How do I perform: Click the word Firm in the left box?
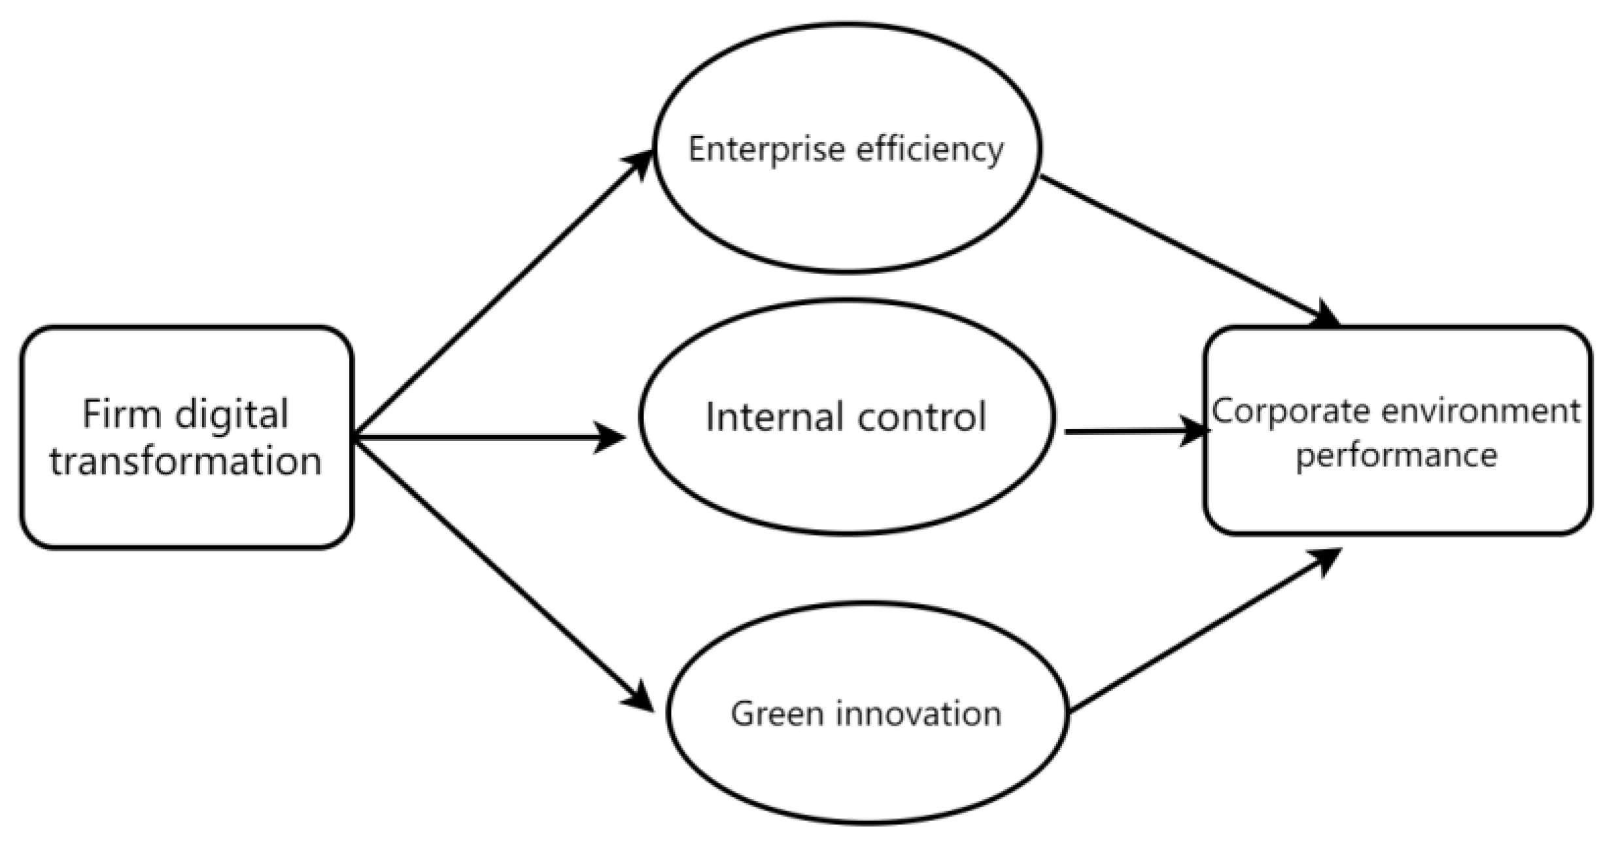[122, 415]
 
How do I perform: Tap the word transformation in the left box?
[186, 461]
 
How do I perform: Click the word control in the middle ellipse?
[922, 417]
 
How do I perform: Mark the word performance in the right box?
[1396, 455]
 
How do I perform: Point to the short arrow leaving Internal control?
[1131, 432]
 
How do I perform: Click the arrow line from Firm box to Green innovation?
[497, 569]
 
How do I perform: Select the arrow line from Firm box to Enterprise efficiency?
[497, 294]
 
